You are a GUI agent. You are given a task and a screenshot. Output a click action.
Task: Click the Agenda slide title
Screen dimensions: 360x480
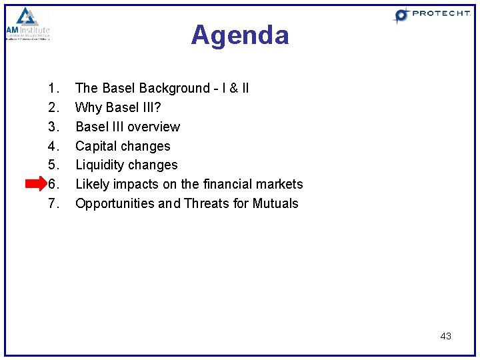[x=240, y=35]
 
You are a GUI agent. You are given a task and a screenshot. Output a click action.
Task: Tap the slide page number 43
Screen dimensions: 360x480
[x=445, y=336]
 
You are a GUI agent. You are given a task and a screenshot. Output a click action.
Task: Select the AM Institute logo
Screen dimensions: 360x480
[x=27, y=25]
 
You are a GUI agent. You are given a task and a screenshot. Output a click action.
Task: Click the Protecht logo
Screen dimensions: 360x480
[x=431, y=15]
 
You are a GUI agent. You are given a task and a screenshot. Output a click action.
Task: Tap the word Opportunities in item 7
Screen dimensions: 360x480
[x=115, y=203]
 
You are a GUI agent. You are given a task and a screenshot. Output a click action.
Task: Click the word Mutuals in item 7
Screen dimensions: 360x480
[x=275, y=203]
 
